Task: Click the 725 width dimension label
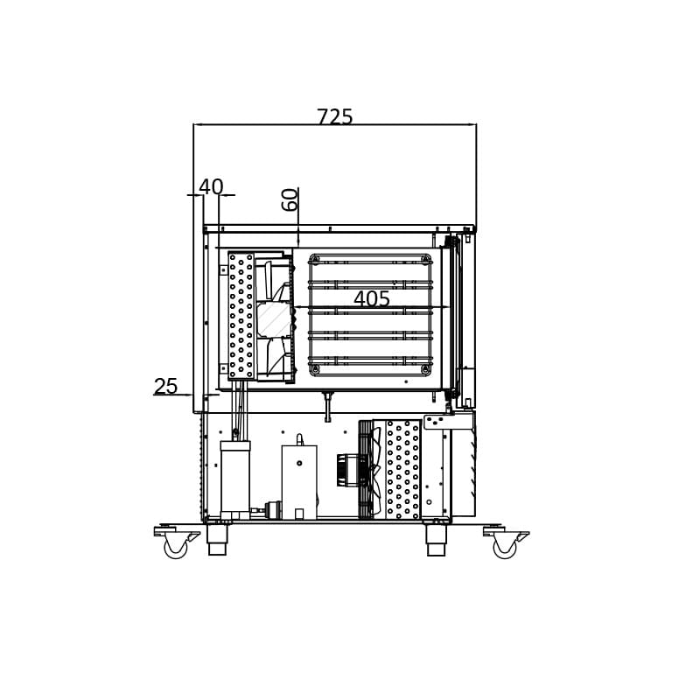point(334,117)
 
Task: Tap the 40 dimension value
point(211,187)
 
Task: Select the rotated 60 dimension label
point(290,199)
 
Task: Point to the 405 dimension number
point(372,299)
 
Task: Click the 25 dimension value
point(165,387)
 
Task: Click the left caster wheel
point(176,548)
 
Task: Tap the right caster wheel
point(505,548)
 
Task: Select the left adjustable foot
point(217,540)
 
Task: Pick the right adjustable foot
point(436,540)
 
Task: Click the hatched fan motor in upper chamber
point(273,319)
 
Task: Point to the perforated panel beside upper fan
point(241,316)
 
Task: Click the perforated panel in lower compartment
point(402,469)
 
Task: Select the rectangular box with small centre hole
point(299,481)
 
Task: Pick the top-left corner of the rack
point(315,260)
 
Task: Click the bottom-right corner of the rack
point(425,369)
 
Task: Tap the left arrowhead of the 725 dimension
point(197,125)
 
